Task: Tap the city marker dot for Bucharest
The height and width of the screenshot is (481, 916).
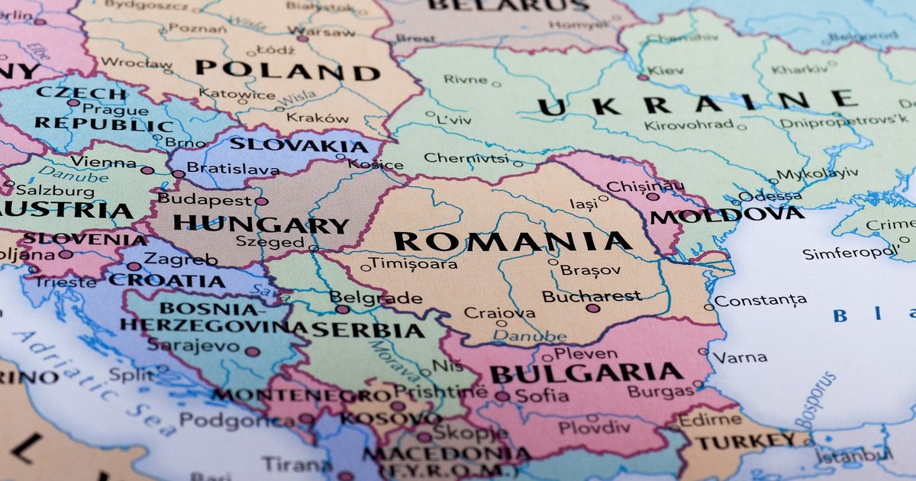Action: (592, 308)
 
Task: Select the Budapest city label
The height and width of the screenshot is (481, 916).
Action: (204, 200)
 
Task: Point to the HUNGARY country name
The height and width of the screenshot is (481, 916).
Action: (260, 224)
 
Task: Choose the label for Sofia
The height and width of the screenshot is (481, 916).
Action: (542, 395)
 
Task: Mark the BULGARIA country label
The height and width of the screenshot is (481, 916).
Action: (585, 373)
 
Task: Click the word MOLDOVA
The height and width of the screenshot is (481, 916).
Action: (727, 215)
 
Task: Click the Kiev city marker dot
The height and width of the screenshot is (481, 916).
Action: (643, 77)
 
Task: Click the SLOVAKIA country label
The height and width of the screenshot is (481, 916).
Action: (298, 144)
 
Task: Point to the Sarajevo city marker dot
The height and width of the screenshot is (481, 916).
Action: (252, 352)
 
